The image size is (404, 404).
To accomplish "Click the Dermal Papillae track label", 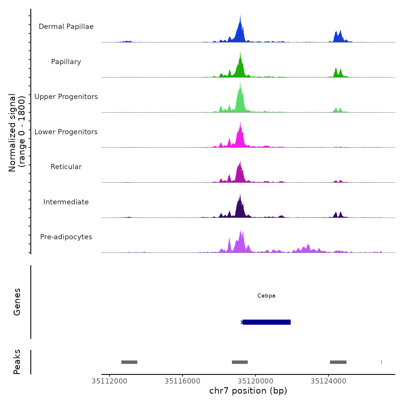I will coord(66,27).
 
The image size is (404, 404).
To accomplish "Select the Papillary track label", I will coord(66,62).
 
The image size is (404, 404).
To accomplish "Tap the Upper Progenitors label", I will coord(66,97).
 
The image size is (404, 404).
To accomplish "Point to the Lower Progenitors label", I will coord(66,132).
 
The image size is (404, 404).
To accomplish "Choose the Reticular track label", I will coord(66,167).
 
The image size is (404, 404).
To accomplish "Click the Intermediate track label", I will coord(66,202).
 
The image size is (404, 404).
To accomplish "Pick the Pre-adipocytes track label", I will coord(66,237).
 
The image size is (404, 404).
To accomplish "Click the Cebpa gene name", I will coord(266,296).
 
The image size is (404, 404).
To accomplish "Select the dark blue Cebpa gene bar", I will coord(266,322).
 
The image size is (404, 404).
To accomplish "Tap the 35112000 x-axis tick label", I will coord(109,381).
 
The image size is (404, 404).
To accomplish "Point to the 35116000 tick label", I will coord(182,381).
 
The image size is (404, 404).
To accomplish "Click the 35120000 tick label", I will coord(255,381).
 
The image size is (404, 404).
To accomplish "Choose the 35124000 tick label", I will coord(328,381).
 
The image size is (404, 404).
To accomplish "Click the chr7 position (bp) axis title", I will coord(248,391).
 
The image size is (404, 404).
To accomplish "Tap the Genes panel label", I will coord(17,302).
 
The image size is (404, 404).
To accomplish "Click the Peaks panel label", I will coord(17,362).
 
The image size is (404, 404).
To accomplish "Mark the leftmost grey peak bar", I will coord(129,362).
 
